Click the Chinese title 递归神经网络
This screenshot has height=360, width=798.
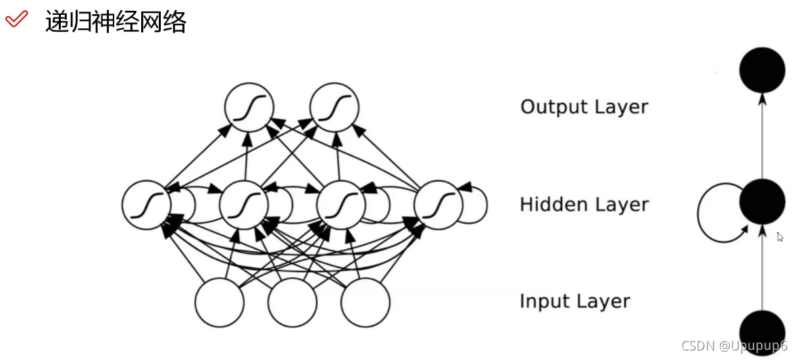[x=116, y=22]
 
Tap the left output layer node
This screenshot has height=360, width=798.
[x=249, y=107]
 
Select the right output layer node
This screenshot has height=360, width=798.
[x=334, y=107]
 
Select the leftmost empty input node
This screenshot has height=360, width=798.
[x=220, y=302]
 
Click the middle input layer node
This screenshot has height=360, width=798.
[x=293, y=302]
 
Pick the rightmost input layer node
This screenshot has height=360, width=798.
[x=366, y=302]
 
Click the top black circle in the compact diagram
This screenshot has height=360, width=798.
[x=762, y=70]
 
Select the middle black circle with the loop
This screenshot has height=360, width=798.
[x=762, y=201]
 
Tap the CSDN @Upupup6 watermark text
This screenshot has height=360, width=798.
[x=734, y=346]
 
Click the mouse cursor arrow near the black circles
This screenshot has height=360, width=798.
[x=780, y=237]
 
